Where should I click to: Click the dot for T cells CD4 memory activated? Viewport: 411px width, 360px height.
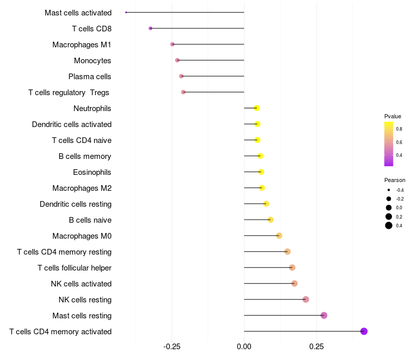click(364, 331)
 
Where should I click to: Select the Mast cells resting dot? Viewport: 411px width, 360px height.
click(324, 315)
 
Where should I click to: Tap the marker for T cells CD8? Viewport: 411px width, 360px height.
click(151, 28)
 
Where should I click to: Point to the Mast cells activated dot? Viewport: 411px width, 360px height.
click(126, 12)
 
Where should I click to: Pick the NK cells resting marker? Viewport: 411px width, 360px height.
click(306, 299)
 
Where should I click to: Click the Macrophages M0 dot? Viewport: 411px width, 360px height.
click(279, 236)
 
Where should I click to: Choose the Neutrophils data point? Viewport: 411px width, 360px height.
click(257, 108)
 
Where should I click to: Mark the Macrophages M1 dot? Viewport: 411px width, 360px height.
click(173, 44)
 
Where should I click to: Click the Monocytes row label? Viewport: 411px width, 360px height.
click(92, 61)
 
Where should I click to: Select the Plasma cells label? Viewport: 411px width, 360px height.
click(90, 77)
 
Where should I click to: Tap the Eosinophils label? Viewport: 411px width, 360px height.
click(92, 172)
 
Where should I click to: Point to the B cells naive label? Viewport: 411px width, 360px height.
click(90, 220)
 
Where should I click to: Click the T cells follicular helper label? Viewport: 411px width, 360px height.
click(74, 268)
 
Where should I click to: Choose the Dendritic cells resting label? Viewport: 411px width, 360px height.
click(76, 204)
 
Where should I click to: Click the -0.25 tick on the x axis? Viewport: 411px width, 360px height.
click(172, 347)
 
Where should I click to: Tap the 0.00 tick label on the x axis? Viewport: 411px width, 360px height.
click(244, 347)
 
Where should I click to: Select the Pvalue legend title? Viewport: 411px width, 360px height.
click(393, 116)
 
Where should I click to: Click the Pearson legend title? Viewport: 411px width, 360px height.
click(395, 180)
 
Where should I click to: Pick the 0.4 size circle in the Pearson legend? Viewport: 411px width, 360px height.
click(389, 225)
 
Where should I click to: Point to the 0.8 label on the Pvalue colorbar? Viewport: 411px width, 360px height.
click(399, 129)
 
